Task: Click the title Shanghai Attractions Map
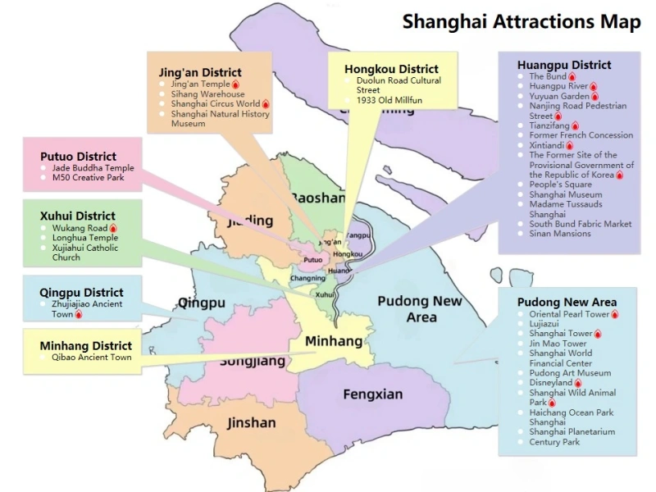[x=521, y=21]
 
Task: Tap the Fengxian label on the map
[x=372, y=394]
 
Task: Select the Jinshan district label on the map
[x=251, y=423]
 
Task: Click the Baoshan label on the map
[x=318, y=198]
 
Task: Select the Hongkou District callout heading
[x=391, y=69]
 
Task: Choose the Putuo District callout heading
[x=78, y=156]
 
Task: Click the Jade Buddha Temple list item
[x=93, y=168]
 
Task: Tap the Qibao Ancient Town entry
[x=91, y=358]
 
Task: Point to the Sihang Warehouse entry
[x=207, y=94]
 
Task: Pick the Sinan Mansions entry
[x=559, y=234]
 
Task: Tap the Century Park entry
[x=553, y=442]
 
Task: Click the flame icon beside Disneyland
[x=579, y=383]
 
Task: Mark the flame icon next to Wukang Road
[x=113, y=228]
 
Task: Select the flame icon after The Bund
[x=572, y=77]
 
